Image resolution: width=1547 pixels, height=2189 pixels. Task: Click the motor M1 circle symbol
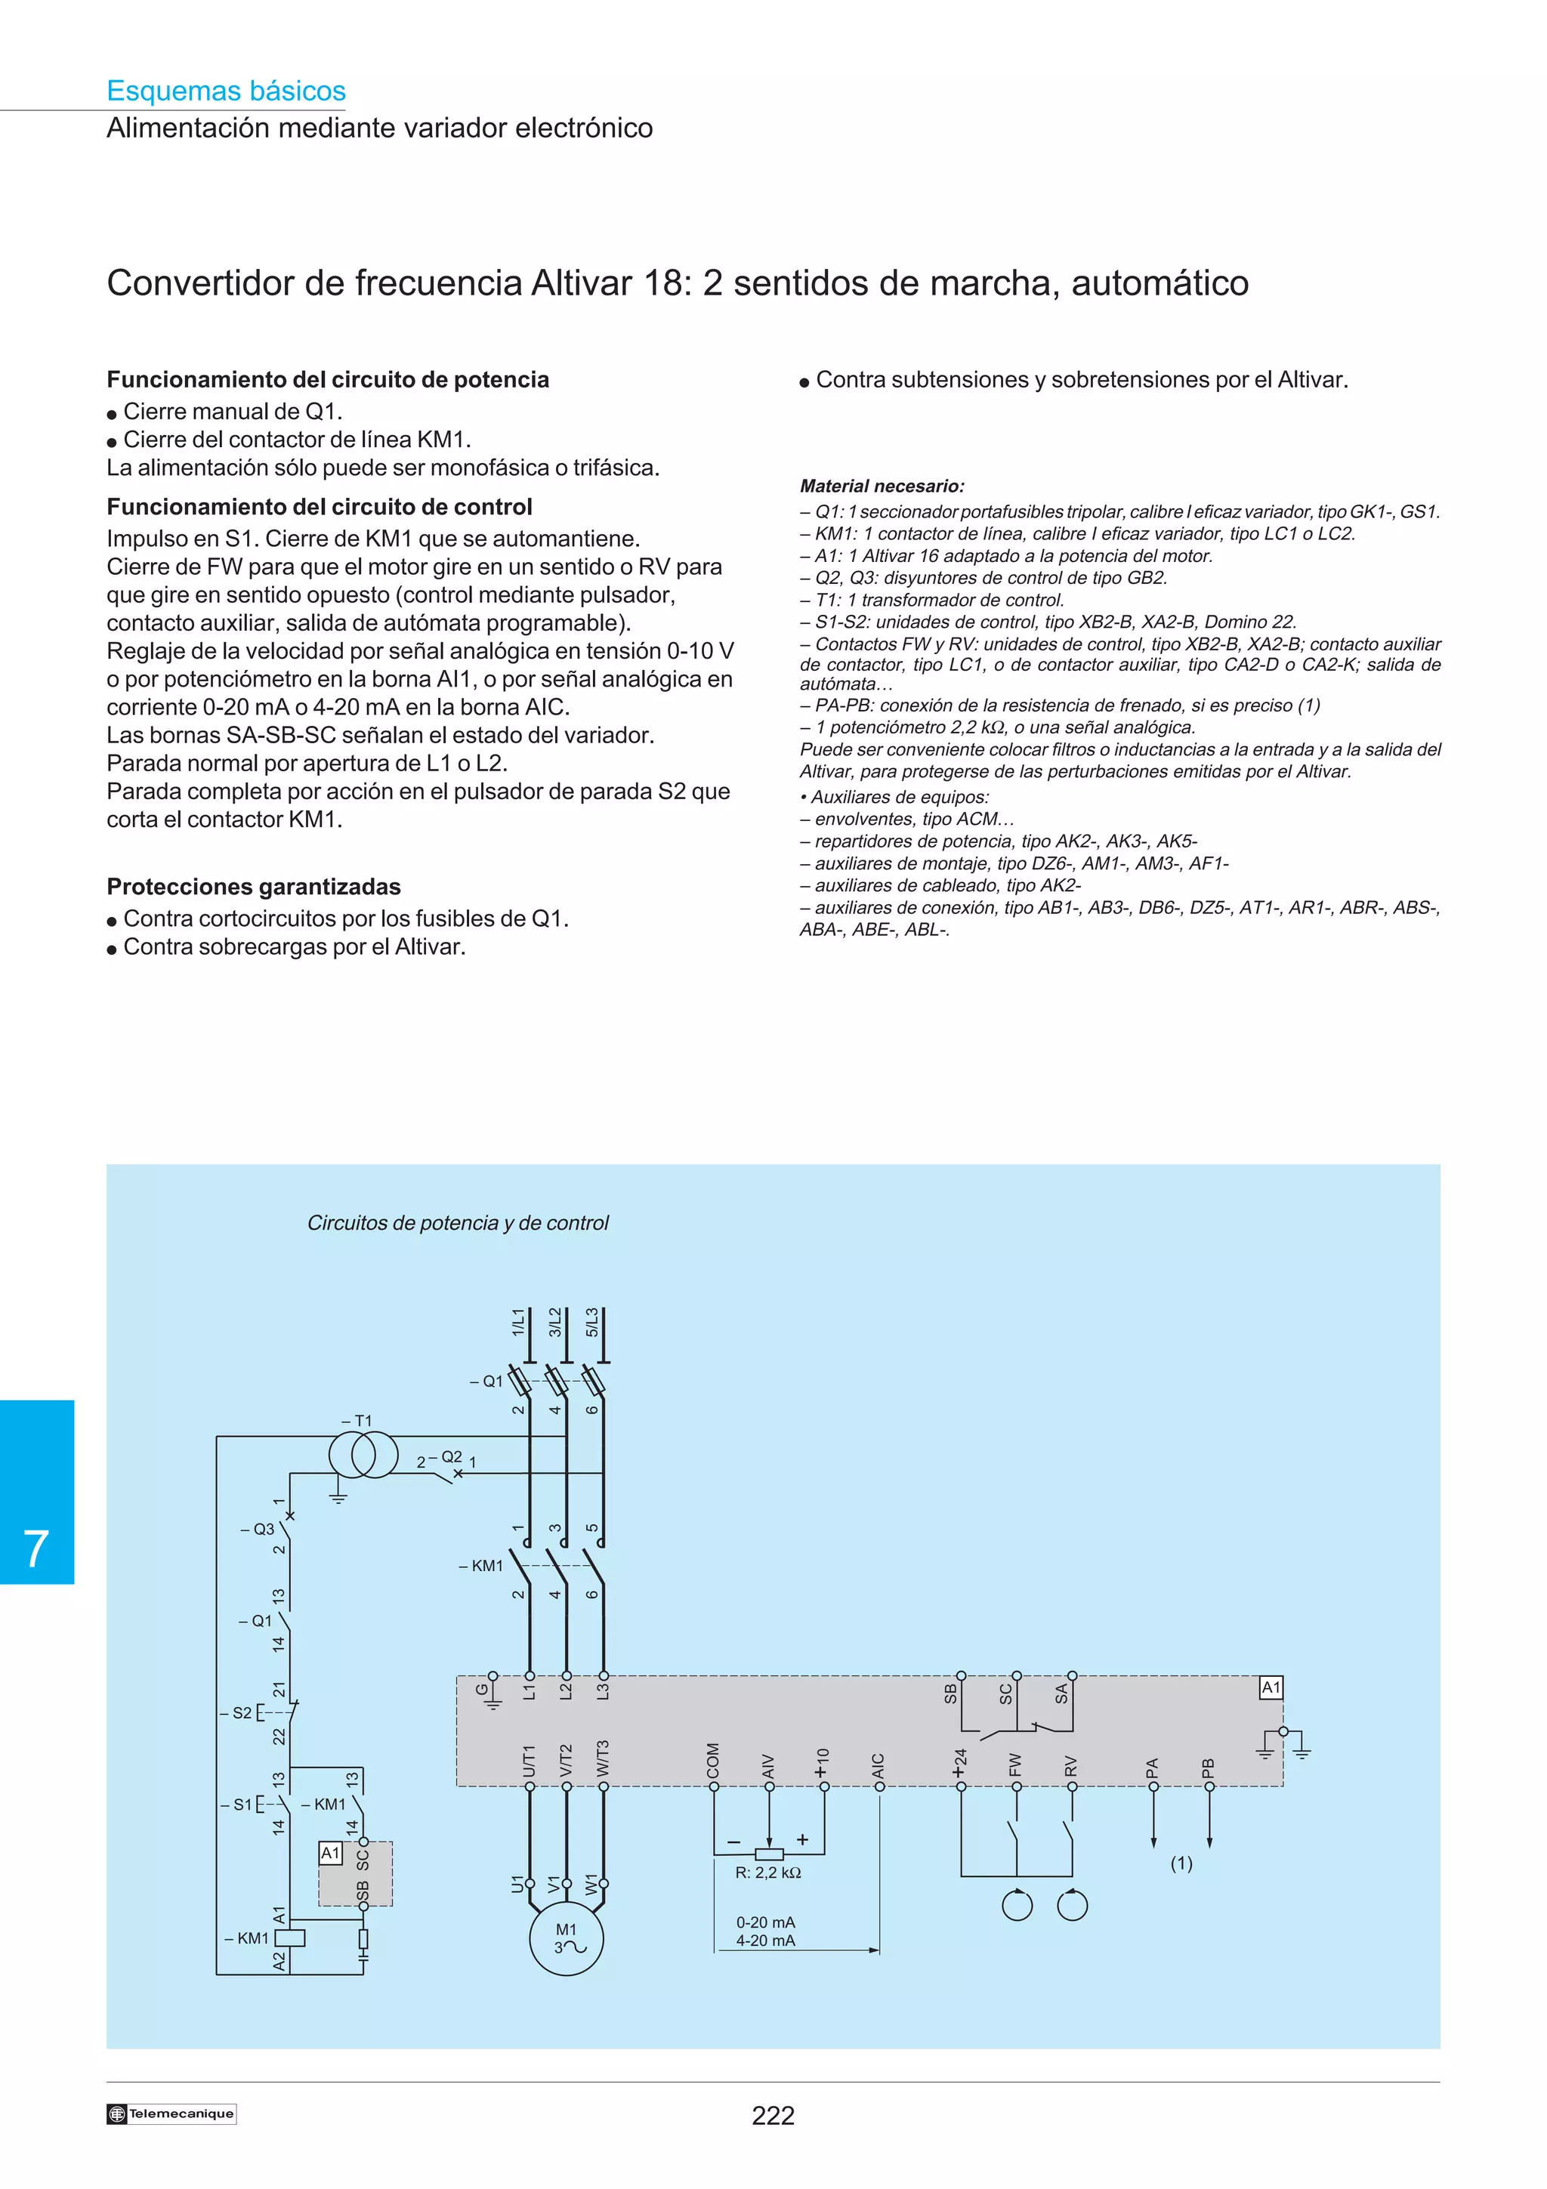(x=567, y=1938)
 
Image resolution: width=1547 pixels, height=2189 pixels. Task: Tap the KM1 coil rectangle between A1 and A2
(x=290, y=1937)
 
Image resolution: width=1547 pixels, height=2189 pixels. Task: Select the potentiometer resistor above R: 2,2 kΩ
(x=769, y=1854)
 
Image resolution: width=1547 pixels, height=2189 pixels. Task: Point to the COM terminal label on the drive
(x=713, y=1760)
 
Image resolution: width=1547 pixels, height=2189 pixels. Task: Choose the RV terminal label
(x=1070, y=1766)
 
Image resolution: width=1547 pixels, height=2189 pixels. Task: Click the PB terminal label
(x=1209, y=1767)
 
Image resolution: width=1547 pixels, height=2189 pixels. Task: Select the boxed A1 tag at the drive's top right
(x=1271, y=1687)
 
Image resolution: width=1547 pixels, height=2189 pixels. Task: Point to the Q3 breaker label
(x=258, y=1530)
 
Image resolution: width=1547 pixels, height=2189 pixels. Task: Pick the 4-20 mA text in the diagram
(x=764, y=1940)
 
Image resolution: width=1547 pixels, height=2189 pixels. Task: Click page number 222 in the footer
(x=773, y=2116)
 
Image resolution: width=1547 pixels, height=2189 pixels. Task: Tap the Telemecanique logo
(x=171, y=2113)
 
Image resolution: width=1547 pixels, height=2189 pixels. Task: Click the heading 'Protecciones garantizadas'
(x=254, y=887)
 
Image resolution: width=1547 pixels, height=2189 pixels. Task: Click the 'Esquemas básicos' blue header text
(x=226, y=91)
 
